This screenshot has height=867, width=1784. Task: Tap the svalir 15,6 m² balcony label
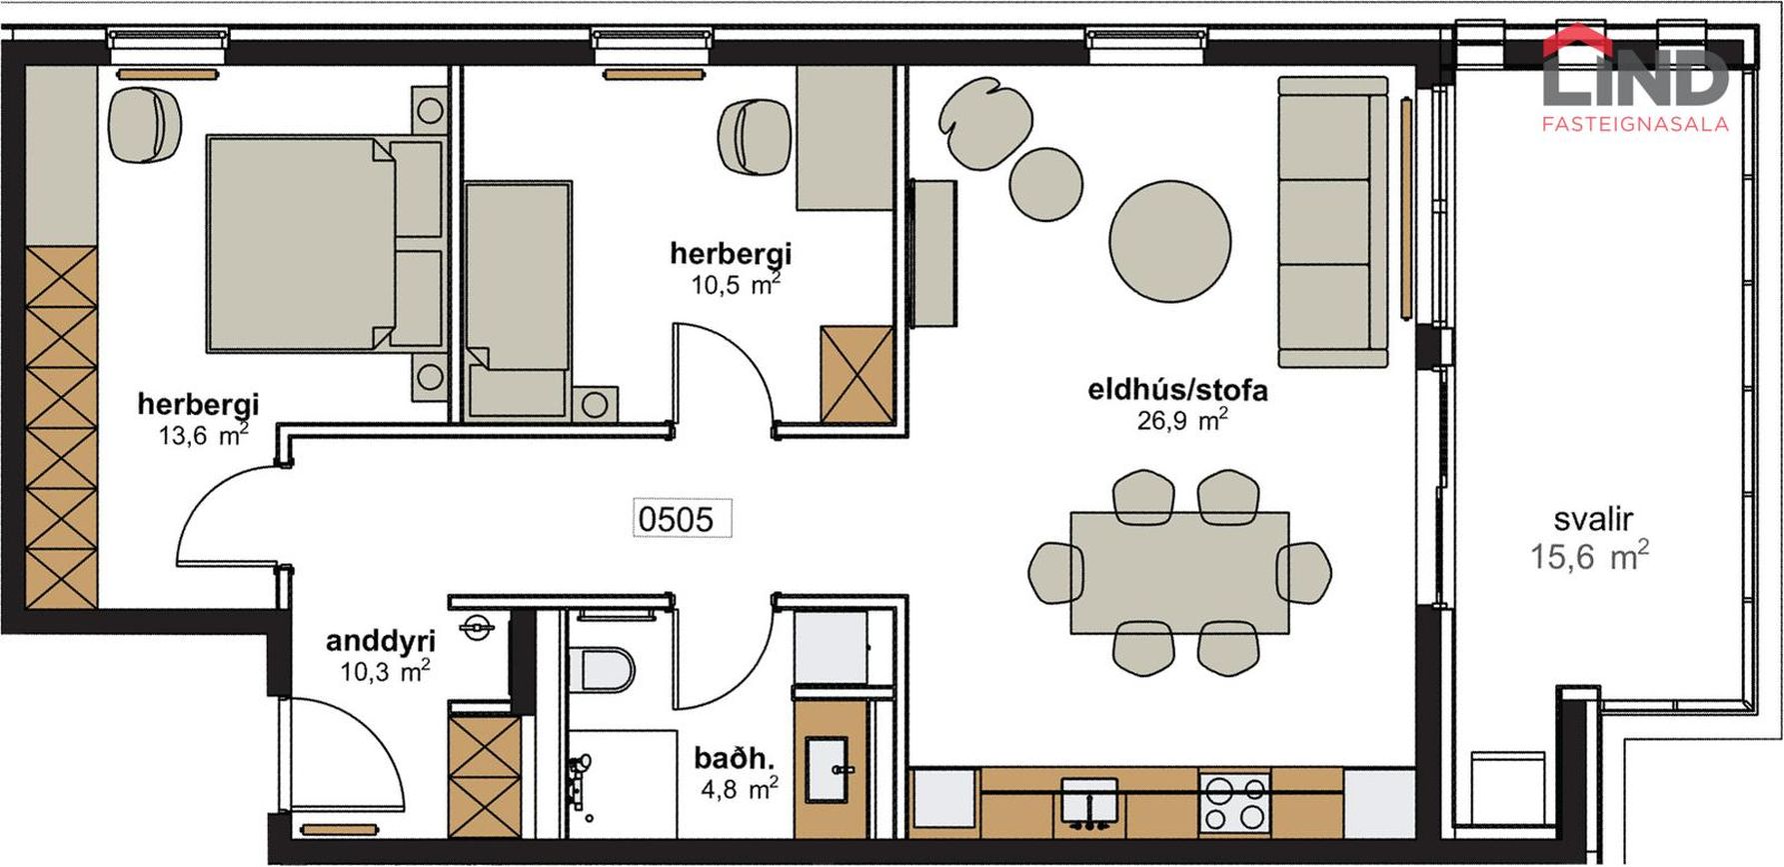1590,538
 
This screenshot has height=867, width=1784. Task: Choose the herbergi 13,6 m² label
198,418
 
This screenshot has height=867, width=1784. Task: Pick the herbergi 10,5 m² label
731,267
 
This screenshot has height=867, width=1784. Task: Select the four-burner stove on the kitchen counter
1235,802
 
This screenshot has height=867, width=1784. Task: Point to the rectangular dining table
1179,572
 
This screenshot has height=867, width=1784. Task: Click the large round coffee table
1170,240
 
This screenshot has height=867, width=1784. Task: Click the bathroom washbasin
831,770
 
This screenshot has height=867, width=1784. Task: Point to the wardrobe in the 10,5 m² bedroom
857,374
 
